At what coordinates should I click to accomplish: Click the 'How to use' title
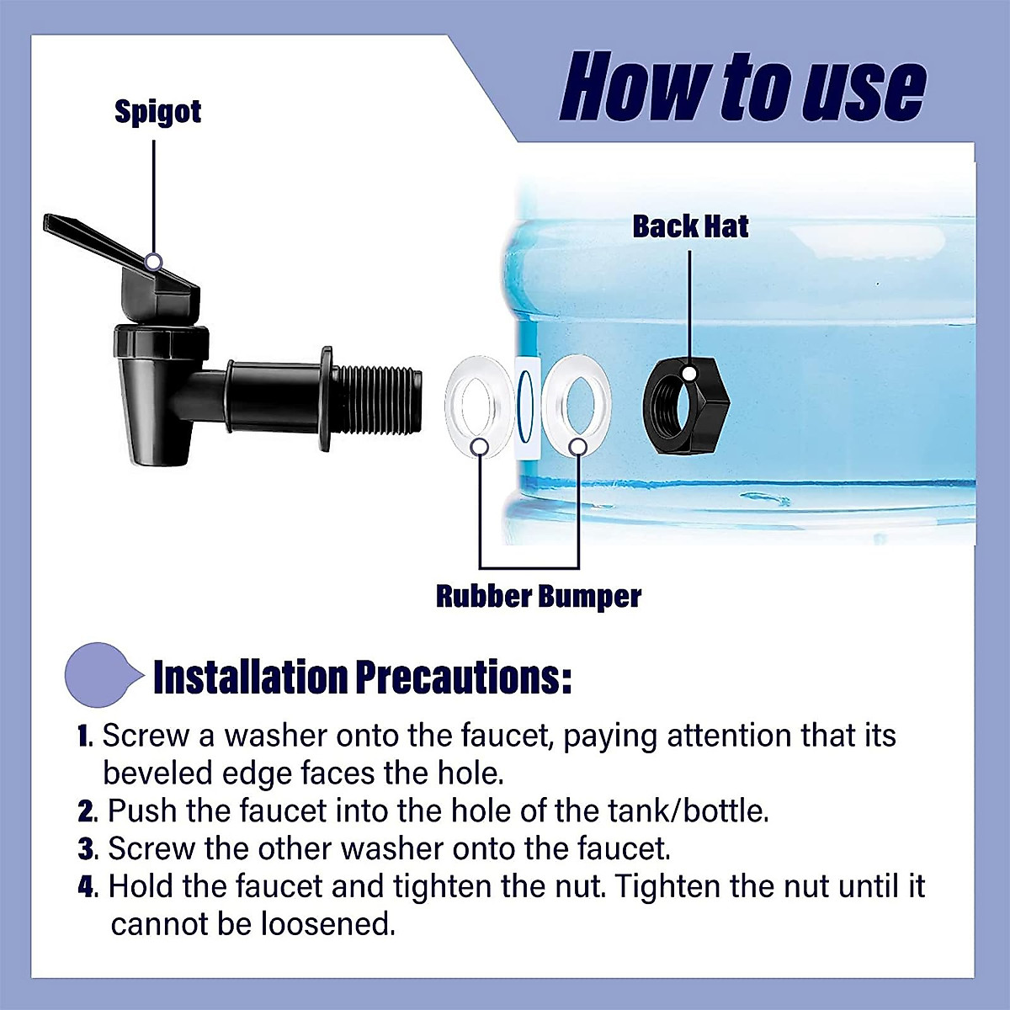[742, 88]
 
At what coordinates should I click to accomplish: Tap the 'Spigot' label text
[157, 112]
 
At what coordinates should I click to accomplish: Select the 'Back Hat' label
[690, 226]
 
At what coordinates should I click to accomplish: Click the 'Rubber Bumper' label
[538, 596]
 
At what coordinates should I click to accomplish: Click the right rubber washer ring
[577, 401]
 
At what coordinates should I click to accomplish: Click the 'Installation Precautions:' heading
[362, 678]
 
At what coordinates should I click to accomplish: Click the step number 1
[84, 736]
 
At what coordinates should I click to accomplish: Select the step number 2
[86, 811]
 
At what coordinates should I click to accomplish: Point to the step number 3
[86, 849]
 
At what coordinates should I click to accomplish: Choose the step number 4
[87, 887]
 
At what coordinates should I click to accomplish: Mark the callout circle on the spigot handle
[153, 262]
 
